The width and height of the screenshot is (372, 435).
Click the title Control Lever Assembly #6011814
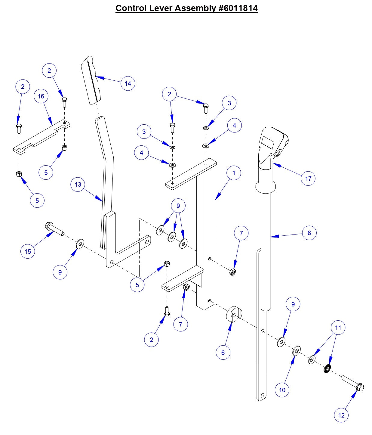point(186,8)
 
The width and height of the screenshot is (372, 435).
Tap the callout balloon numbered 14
point(128,83)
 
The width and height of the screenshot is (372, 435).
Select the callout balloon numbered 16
point(41,96)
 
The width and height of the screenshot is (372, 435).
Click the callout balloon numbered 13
point(78,185)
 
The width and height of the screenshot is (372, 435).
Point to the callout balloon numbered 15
point(28,251)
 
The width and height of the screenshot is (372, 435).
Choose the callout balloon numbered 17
point(308,179)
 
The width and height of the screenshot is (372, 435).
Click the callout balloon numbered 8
point(309,233)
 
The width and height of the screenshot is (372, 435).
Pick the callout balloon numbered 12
point(341,415)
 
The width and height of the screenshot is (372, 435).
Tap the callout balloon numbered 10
point(282,390)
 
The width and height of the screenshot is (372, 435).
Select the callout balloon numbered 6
point(223,353)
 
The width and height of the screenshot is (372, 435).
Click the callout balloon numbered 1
point(234,173)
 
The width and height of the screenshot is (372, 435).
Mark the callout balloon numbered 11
point(338,328)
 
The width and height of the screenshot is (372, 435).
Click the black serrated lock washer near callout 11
point(327,368)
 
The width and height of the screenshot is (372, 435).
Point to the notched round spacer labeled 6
point(234,315)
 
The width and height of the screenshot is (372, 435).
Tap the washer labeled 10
point(297,351)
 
